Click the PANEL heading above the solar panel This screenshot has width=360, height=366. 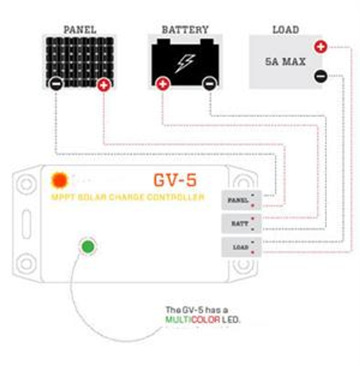80,30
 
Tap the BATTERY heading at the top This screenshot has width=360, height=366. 185,30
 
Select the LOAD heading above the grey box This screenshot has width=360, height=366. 286,30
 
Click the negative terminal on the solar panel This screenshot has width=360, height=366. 56,84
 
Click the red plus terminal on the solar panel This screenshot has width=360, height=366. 104,85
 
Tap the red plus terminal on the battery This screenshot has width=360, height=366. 163,84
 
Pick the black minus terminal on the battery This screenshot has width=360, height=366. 210,84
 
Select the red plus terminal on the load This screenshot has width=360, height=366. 321,47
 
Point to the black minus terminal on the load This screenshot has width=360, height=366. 321,76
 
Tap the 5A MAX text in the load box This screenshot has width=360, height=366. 285,62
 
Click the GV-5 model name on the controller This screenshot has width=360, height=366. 175,180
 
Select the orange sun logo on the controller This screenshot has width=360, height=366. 59,181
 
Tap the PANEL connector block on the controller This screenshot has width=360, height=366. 241,200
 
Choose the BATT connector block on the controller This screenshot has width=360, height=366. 241,223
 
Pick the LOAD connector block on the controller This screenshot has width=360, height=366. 241,247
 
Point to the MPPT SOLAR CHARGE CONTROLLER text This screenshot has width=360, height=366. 128,197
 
